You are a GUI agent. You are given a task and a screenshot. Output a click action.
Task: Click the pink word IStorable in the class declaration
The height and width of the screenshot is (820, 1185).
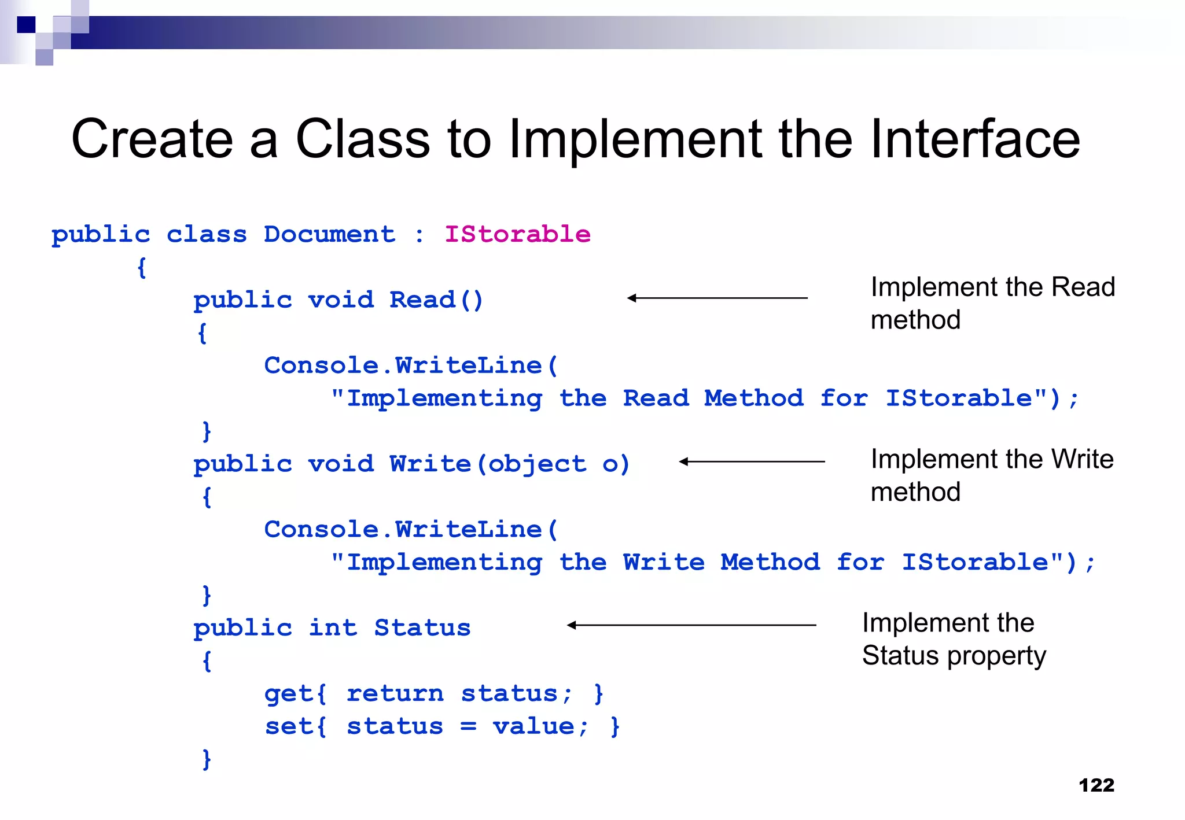[x=517, y=234]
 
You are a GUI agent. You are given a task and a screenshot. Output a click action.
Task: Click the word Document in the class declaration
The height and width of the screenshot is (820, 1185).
[x=329, y=234]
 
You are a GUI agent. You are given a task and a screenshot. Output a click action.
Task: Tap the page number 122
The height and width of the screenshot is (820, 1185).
[x=1096, y=785]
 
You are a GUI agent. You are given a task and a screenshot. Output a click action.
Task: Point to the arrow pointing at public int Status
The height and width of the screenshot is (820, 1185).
[x=691, y=625]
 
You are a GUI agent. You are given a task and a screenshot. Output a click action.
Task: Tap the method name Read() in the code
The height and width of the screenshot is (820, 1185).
[x=435, y=300]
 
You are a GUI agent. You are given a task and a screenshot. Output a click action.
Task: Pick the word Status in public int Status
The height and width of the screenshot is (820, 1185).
[x=422, y=628]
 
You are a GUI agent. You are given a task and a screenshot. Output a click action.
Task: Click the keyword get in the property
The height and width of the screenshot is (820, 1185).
[x=288, y=693]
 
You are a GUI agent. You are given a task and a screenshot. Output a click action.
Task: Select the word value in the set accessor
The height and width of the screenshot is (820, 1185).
[x=533, y=726]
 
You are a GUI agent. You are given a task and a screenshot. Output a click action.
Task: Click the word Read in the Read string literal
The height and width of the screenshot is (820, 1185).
[x=656, y=398]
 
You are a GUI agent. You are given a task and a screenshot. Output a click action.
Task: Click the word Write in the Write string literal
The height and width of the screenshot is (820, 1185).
[x=664, y=562]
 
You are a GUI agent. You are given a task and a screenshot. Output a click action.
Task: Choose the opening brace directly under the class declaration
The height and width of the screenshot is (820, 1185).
[x=142, y=268]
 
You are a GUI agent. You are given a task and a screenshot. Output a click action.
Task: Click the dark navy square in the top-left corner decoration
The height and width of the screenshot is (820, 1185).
[x=26, y=25]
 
